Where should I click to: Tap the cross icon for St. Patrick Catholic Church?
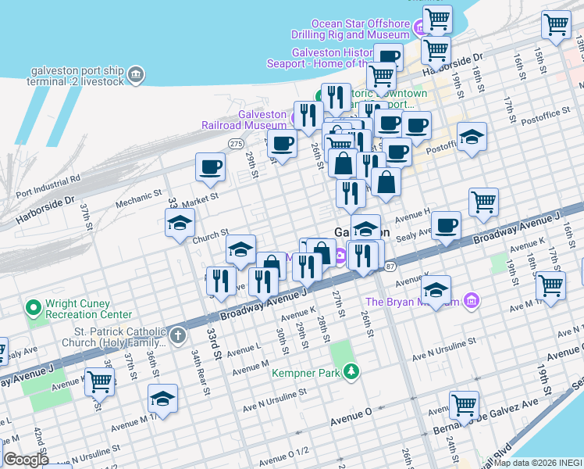(x=178, y=336)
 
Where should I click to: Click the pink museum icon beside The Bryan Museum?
(x=470, y=300)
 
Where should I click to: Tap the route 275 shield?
(x=236, y=143)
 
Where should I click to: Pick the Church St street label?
(x=209, y=234)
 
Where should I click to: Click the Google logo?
(x=25, y=460)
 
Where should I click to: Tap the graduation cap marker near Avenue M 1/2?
(x=162, y=399)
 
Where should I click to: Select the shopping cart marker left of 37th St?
(x=100, y=381)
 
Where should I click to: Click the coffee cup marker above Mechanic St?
(x=210, y=166)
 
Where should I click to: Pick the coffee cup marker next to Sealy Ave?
(x=446, y=225)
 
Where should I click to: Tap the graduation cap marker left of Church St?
(x=180, y=222)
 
